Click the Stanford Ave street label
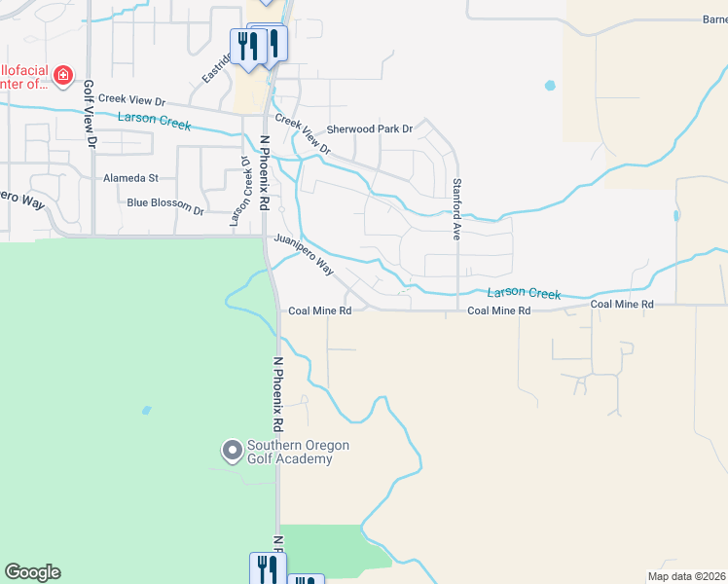pos(455,209)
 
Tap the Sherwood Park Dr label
pos(370,128)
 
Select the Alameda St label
pos(130,178)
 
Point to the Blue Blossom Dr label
pos(165,205)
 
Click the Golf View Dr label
pos(90,114)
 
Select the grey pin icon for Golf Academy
pos(232,451)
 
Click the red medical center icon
pos(63,76)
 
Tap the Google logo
pos(32,572)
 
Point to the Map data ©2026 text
pos(687,576)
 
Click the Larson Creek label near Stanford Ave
pos(526,292)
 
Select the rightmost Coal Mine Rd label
pos(622,305)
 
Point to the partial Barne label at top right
pos(714,19)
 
